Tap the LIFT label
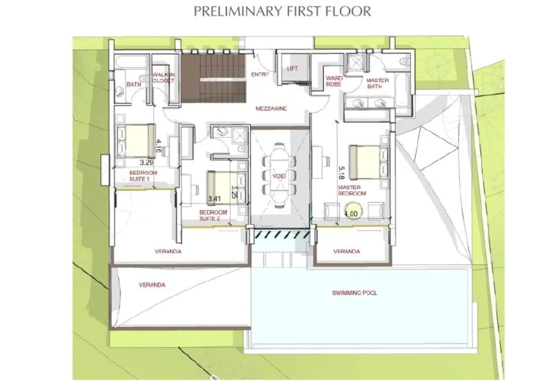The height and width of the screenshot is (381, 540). pos(292,69)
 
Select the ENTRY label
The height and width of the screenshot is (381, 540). pos(260,74)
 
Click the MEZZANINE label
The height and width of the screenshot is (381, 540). pos(271,109)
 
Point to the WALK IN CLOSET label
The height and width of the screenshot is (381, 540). pos(164,77)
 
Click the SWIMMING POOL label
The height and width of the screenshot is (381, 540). pos(355,293)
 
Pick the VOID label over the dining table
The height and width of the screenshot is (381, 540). pos(279,176)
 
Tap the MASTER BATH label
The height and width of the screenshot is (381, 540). pos(377,83)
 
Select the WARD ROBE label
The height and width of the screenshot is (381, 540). pos(334,81)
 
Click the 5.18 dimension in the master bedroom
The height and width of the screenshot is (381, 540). pos(341,173)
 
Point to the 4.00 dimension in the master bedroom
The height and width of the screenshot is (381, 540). pos(351,214)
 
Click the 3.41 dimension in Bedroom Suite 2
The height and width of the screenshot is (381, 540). pos(214,198)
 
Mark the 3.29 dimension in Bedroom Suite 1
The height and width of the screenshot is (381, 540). pos(146,162)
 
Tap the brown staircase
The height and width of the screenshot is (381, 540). pos(213,78)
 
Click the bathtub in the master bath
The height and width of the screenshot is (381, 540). pos(401,90)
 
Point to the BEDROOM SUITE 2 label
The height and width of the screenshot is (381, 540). pos(213,215)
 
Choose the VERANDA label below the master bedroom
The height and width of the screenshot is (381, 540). pos(346,252)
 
